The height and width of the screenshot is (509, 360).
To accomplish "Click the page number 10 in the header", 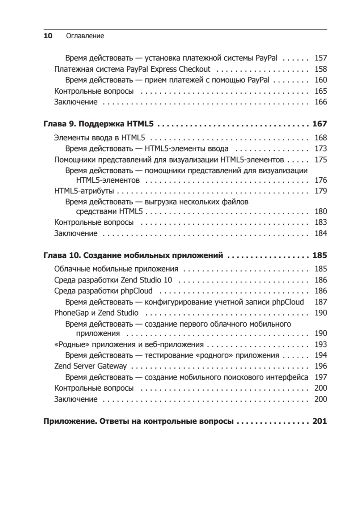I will click(47, 36).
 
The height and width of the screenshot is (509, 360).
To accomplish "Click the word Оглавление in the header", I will click(85, 36).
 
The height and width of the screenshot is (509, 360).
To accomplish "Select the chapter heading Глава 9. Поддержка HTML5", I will click(99, 124).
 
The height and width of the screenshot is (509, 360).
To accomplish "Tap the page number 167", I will click(319, 124).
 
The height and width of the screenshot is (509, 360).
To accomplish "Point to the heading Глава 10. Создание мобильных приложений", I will click(134, 256).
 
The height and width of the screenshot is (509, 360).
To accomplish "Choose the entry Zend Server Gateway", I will click(90, 366).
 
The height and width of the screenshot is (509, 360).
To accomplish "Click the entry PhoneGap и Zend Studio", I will click(96, 313).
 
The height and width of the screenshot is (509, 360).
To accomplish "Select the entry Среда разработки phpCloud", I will click(103, 291).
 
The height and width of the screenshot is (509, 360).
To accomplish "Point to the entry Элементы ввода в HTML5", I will click(100, 137).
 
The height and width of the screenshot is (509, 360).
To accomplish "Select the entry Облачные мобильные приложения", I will click(116, 269).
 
